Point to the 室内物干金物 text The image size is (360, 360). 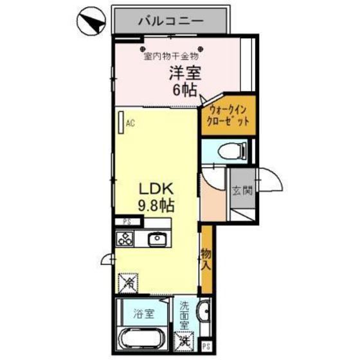coord(171,55)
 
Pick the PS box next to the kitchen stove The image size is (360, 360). coord(127,222)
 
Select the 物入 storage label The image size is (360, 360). coord(206,258)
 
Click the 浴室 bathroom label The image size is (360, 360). coord(143,314)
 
